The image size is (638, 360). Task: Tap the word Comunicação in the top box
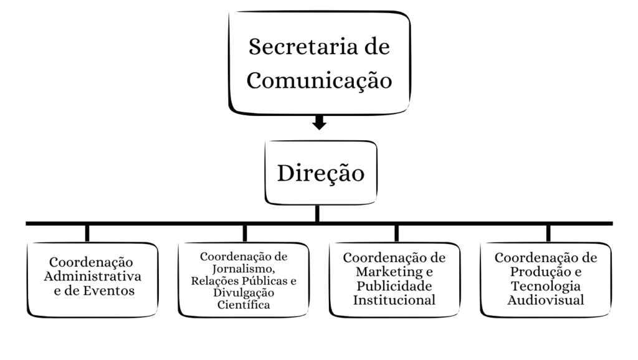coord(320,80)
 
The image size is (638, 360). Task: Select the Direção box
coord(320,173)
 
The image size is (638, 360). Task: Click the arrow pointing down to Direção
coord(319,122)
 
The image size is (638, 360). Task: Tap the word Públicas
coord(263,280)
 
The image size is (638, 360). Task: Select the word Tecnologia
coord(545,286)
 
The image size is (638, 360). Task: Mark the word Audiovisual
coord(545,300)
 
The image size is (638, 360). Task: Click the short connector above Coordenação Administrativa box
coord(87,233)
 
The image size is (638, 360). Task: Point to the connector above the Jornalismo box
coord(245,233)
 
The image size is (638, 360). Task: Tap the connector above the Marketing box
coord(397,233)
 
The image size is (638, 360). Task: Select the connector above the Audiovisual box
coord(548,233)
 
